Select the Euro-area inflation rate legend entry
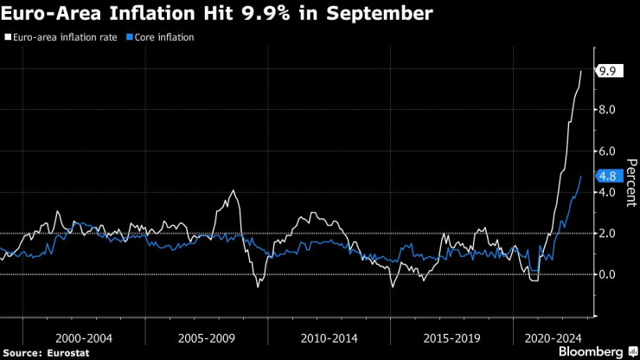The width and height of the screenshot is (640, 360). pos(61,38)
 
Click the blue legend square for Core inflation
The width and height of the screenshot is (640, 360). pos(129,38)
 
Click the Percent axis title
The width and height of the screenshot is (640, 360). pos(630,183)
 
